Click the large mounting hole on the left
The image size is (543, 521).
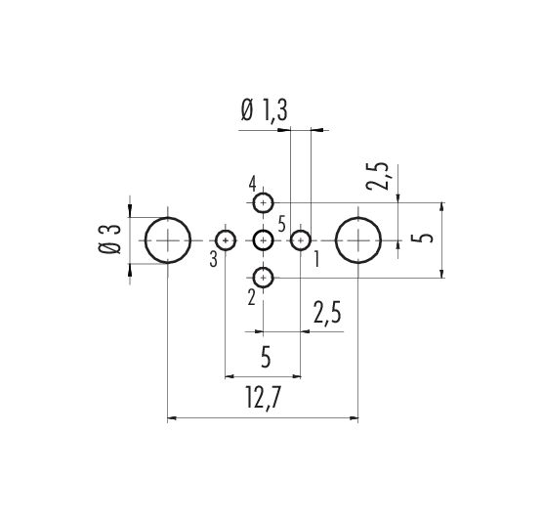146,240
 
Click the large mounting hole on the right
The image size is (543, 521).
336,240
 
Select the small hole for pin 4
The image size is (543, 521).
254,202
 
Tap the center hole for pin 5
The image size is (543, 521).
254,240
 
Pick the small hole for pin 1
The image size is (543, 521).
291,240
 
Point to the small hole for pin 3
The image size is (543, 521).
216,240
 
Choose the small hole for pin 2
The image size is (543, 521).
254,278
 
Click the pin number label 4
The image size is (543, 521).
252,184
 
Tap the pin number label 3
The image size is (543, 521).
214,259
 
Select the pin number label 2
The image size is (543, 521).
251,297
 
